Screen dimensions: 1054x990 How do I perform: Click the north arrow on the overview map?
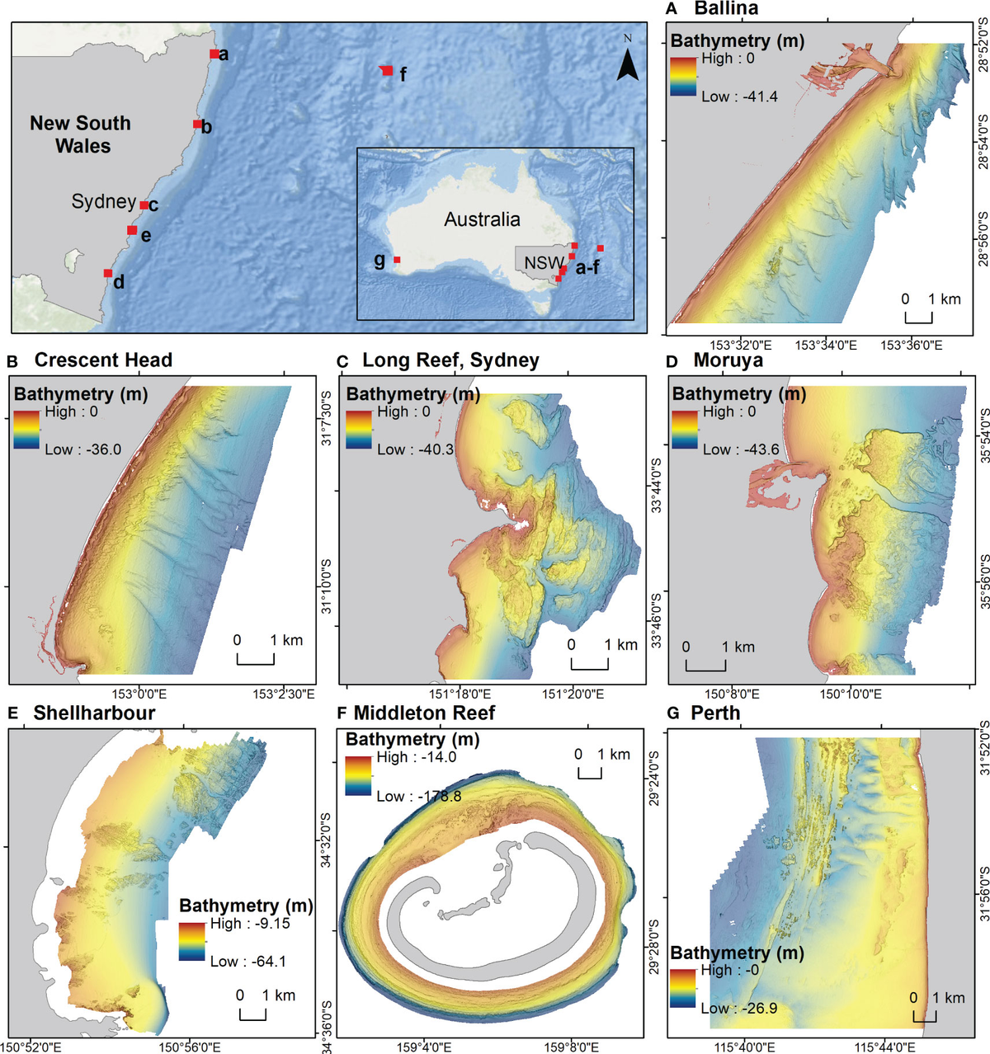[628, 61]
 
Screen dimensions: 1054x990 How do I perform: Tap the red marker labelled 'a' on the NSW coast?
[214, 54]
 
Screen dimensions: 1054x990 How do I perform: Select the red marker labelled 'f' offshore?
[386, 71]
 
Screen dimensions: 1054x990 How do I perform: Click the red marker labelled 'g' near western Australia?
[397, 260]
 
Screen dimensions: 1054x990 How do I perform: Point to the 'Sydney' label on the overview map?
[103, 202]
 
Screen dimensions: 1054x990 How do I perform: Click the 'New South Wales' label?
[81, 134]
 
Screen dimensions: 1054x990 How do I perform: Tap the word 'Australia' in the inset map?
[482, 219]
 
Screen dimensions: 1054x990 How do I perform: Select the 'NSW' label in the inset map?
[544, 263]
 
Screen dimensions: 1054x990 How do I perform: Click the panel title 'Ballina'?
[726, 9]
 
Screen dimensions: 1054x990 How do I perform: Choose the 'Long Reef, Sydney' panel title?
[450, 360]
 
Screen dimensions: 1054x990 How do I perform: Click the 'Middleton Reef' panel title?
[424, 713]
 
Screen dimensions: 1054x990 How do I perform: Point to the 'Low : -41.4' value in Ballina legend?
[739, 96]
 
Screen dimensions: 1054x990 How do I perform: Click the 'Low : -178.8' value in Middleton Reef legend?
[419, 796]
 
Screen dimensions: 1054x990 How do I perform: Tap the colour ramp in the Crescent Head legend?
[26, 429]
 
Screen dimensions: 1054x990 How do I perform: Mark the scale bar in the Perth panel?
[925, 1014]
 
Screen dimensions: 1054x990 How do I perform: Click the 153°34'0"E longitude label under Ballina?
[825, 345]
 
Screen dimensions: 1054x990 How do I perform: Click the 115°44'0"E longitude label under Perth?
[885, 1047]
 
